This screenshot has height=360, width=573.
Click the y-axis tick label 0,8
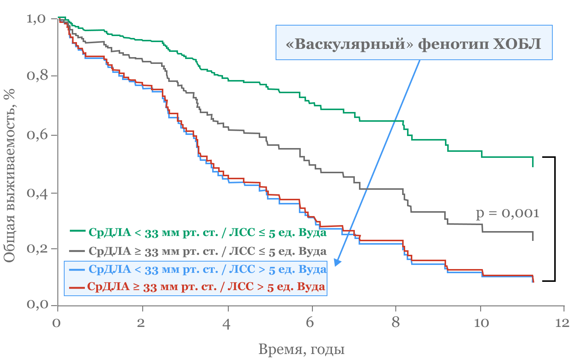36,76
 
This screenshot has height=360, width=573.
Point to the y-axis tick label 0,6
36,135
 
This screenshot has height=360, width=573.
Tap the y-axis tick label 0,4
36,193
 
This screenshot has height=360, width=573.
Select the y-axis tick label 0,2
36,248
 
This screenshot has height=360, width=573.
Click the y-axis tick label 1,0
36,18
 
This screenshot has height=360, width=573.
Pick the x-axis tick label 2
141,323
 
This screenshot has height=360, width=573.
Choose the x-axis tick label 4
226,324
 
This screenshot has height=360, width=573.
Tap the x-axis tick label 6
310,323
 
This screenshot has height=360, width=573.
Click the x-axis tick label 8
396,323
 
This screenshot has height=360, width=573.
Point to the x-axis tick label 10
481,323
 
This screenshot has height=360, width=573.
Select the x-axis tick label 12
562,323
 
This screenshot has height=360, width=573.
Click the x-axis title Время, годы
302,349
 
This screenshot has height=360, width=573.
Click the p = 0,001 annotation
507,213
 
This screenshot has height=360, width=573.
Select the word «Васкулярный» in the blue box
346,44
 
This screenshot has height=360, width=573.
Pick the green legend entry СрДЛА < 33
207,232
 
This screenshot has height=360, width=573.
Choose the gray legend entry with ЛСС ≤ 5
207,251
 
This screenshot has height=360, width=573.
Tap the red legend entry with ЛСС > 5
206,286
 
